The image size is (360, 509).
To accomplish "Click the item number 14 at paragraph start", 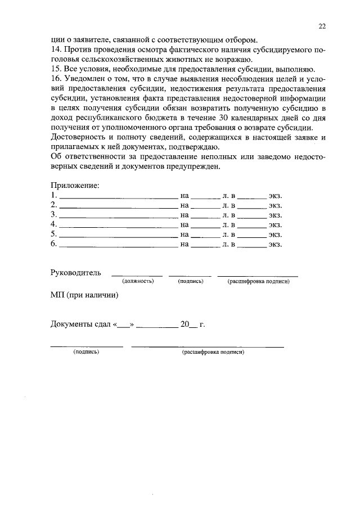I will click(x=55, y=50).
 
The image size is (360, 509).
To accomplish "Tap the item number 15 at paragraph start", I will click(x=55, y=69).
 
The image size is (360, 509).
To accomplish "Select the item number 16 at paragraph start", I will click(x=55, y=79).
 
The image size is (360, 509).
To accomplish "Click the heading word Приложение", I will click(x=75, y=186).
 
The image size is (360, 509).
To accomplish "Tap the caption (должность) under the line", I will click(x=138, y=281).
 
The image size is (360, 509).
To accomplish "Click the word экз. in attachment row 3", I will click(x=274, y=215).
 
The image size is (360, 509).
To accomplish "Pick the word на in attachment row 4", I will click(x=184, y=224).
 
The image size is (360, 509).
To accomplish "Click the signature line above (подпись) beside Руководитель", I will click(x=190, y=276).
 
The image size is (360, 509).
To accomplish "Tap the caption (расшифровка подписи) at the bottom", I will click(x=213, y=352).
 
